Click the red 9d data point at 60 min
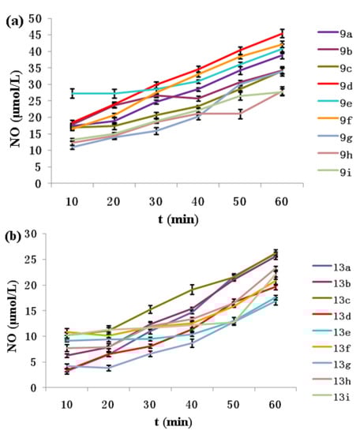tap(283, 33)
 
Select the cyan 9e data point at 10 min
tap(73, 93)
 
